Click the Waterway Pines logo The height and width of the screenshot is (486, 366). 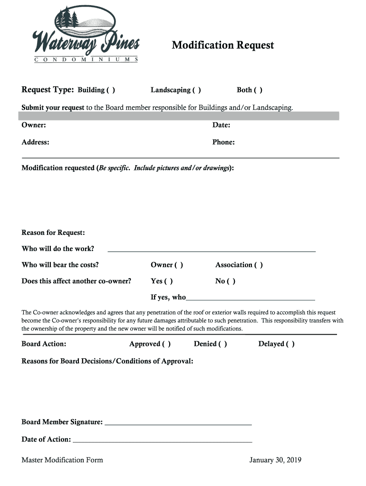point(86,36)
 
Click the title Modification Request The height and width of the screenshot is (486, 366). point(222,45)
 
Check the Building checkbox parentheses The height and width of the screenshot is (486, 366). point(110,90)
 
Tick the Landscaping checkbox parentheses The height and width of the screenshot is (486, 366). point(196,90)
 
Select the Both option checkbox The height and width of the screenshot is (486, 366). point(258,90)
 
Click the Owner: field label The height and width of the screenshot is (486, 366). point(34,125)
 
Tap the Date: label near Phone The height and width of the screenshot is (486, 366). point(221,125)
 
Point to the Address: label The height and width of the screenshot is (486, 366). point(35,142)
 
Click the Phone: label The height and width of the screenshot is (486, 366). point(223,142)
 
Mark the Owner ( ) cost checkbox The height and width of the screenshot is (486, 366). point(179,265)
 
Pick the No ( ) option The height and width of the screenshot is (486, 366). point(231,281)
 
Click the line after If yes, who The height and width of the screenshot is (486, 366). point(250,299)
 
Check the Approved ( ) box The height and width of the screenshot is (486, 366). point(166,344)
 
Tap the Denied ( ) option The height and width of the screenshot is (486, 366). point(222,344)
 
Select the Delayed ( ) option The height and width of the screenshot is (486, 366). point(290,344)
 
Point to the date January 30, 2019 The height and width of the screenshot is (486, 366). point(275,460)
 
